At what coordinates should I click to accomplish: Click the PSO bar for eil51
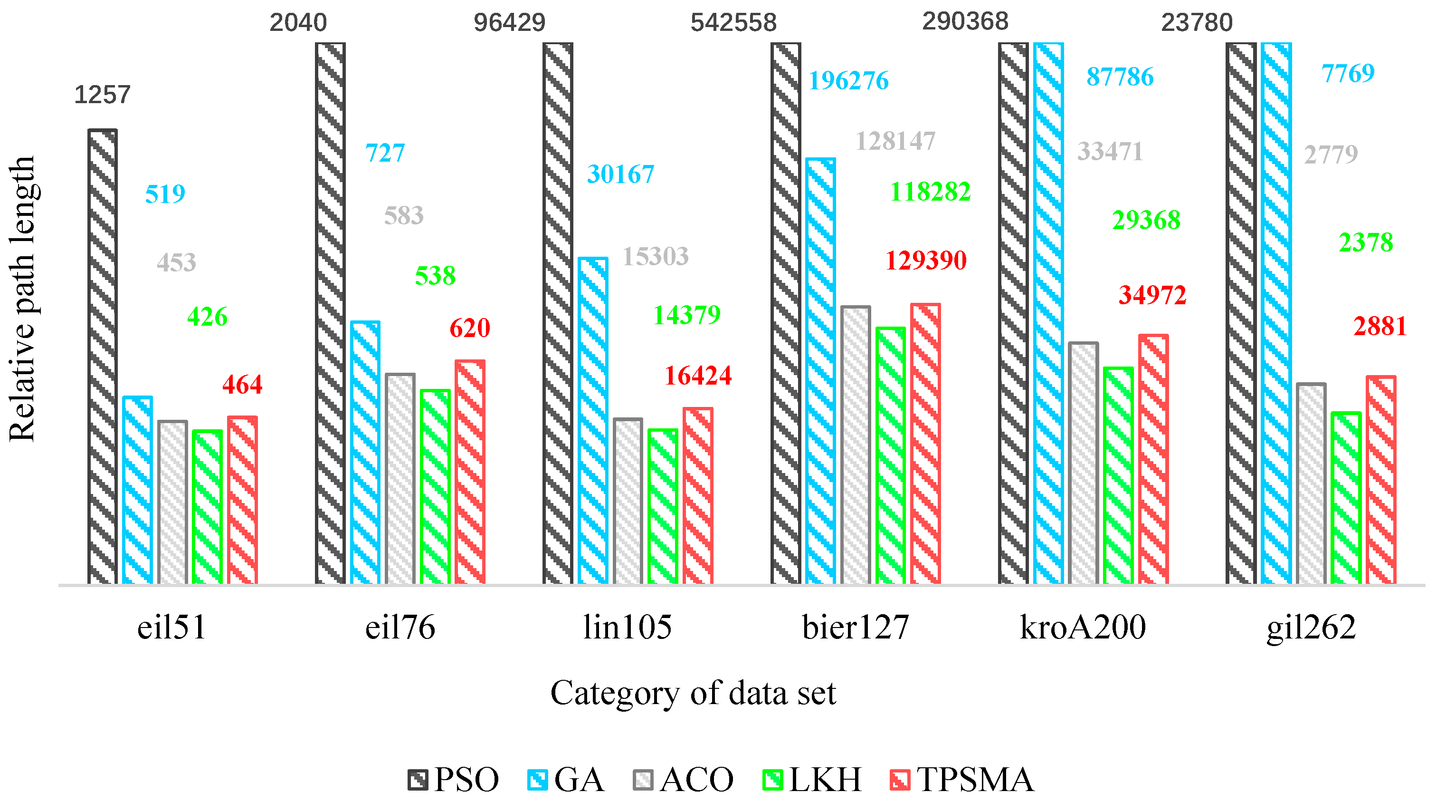tap(102, 357)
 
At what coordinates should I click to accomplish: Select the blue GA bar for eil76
tap(365, 453)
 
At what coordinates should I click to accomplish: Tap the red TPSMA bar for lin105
tap(698, 496)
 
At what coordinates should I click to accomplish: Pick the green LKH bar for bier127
tap(891, 455)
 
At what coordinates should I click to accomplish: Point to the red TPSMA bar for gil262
tap(1381, 480)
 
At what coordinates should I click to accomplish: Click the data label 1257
tap(102, 94)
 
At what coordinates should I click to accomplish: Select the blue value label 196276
tap(848, 81)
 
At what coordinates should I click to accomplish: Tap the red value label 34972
tap(1152, 295)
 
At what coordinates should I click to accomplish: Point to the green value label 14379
tap(686, 315)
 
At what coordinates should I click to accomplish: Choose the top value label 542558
tap(733, 22)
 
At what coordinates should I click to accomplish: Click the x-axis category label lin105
tap(628, 628)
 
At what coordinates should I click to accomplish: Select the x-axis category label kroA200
tap(1083, 628)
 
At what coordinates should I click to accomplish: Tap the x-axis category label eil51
tap(172, 628)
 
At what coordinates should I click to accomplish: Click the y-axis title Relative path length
tap(22, 299)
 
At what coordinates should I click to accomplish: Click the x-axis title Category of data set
tap(693, 693)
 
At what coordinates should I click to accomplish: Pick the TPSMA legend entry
tap(962, 780)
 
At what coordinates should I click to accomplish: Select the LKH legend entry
tap(812, 780)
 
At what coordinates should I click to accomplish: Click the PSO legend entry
tap(454, 780)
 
